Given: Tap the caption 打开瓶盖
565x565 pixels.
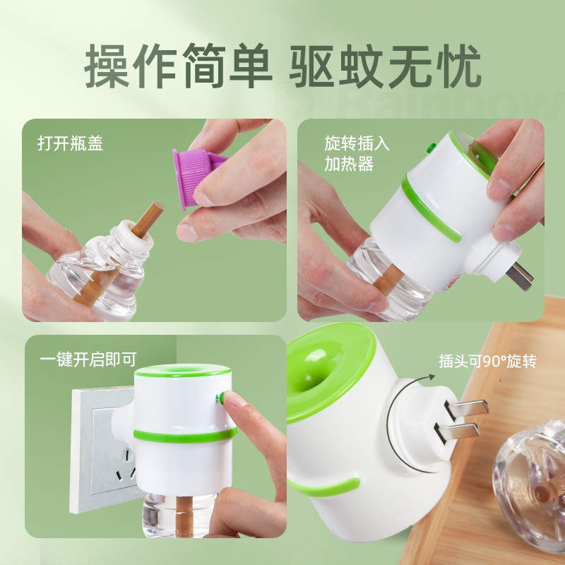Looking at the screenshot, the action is [x=70, y=143].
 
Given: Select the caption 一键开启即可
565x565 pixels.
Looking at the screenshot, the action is [x=89, y=359].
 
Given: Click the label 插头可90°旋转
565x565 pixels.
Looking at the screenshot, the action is [x=488, y=362].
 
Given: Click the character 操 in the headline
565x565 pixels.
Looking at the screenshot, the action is [x=107, y=66].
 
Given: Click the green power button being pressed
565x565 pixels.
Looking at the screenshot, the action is [x=222, y=398].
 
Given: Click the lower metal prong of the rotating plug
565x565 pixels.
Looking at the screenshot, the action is [x=458, y=432].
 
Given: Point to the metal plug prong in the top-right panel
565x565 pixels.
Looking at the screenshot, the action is [x=520, y=276].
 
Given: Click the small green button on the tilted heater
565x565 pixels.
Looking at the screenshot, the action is [x=431, y=147].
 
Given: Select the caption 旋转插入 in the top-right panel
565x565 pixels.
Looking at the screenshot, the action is [x=357, y=143].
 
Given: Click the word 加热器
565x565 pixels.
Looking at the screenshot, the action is [x=349, y=165].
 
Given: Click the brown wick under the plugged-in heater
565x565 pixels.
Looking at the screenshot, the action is [x=184, y=516].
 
